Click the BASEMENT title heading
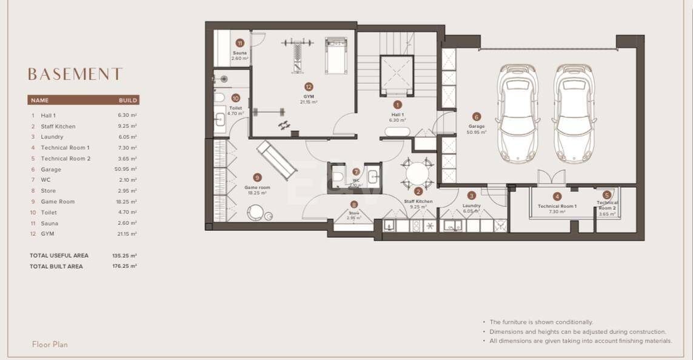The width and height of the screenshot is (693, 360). coord(75,74)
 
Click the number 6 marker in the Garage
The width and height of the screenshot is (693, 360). coord(477,117)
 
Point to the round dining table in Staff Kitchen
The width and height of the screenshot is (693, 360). coord(418,174)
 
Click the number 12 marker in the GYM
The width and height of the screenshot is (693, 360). coord(309,87)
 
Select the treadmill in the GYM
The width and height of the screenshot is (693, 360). coord(335,55)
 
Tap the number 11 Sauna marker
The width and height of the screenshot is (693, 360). coord(239,43)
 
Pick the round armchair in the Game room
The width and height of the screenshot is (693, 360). coord(256,213)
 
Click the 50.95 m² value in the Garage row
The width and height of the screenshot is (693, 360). coord(126,170)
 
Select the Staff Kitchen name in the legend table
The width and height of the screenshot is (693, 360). coord(58,126)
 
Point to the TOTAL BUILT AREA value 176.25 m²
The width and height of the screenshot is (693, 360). coord(124,266)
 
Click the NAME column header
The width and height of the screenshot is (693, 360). coord(39,100)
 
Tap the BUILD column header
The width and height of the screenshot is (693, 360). coord(128,100)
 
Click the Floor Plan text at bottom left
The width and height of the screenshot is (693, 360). coord(50,344)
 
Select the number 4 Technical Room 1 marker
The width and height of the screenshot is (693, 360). coord(557,196)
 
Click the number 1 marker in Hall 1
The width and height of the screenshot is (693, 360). coord(398,105)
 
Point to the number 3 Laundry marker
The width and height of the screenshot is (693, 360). coord(472,195)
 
